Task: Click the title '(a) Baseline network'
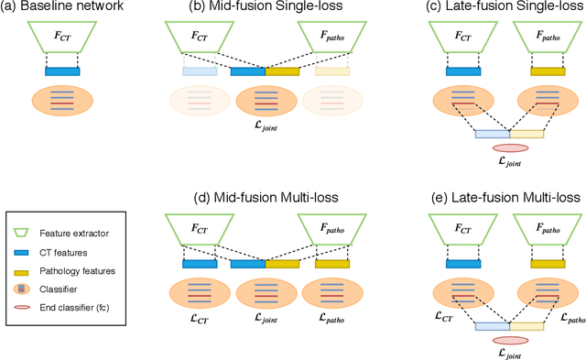click(62, 10)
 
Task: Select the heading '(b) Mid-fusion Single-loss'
click(265, 10)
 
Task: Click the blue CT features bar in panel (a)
click(62, 70)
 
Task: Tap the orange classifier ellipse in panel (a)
click(62, 102)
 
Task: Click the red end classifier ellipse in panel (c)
click(510, 147)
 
